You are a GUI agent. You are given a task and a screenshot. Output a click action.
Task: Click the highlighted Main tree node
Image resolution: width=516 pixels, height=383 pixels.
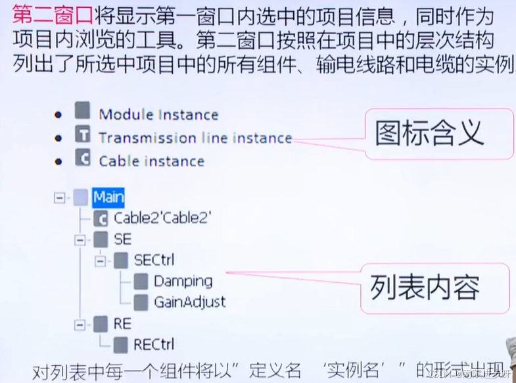pos(108,197)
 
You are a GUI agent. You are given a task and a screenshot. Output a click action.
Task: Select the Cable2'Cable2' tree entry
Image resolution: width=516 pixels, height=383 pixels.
pos(162,218)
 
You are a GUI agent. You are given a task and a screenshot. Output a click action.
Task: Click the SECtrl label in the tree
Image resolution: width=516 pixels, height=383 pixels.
pos(154,260)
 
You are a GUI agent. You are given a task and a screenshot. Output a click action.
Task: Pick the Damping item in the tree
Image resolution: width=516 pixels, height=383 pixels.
pos(183,281)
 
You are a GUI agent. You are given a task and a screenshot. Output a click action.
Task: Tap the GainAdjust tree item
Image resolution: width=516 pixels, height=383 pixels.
pos(189,302)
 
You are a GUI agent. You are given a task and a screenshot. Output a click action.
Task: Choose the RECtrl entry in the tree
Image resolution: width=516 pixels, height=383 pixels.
pos(153,344)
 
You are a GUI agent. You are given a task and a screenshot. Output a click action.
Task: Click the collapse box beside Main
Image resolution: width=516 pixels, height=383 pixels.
pos(60,197)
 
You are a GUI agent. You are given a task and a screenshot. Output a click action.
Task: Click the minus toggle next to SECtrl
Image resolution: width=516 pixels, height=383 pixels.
pos(100,261)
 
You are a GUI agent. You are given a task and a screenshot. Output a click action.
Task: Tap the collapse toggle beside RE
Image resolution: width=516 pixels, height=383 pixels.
pos(80,323)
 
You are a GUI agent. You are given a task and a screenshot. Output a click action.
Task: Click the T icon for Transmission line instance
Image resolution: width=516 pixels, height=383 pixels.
pos(82,136)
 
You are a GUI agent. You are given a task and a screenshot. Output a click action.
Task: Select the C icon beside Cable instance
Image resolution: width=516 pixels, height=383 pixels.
pos(82,159)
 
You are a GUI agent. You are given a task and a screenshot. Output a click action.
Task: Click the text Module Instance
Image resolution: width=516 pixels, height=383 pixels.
pos(158,115)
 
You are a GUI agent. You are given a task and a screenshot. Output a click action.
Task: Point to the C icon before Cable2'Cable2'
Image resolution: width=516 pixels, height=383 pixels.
pos(101,218)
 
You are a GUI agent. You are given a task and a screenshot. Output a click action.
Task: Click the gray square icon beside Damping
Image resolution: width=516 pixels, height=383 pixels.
pos(141,282)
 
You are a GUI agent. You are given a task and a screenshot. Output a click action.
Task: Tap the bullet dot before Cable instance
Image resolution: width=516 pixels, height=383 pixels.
pos(59,160)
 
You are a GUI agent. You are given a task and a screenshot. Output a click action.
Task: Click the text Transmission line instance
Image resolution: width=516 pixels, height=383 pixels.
pos(195,138)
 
